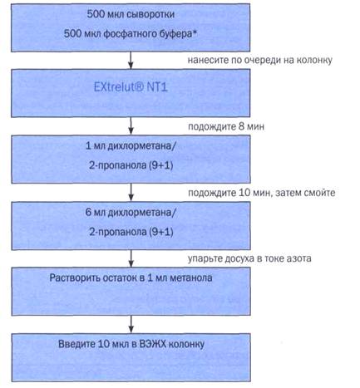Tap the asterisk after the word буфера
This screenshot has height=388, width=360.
(195, 32)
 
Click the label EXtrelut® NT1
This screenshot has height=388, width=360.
(131, 87)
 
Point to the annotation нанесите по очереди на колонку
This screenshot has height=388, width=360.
(259, 61)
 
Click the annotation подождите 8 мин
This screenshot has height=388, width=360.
(226, 127)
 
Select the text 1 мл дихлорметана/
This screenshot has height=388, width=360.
(131, 146)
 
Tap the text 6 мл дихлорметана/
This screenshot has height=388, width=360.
(131, 213)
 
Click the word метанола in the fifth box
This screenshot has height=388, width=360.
(190, 277)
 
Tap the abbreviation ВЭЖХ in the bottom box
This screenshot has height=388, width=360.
(152, 344)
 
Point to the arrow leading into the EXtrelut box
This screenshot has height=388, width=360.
(131, 60)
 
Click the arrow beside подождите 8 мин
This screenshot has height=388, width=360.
(131, 126)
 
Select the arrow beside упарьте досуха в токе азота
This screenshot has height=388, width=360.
(131, 258)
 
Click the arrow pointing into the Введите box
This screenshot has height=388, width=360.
(131, 324)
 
